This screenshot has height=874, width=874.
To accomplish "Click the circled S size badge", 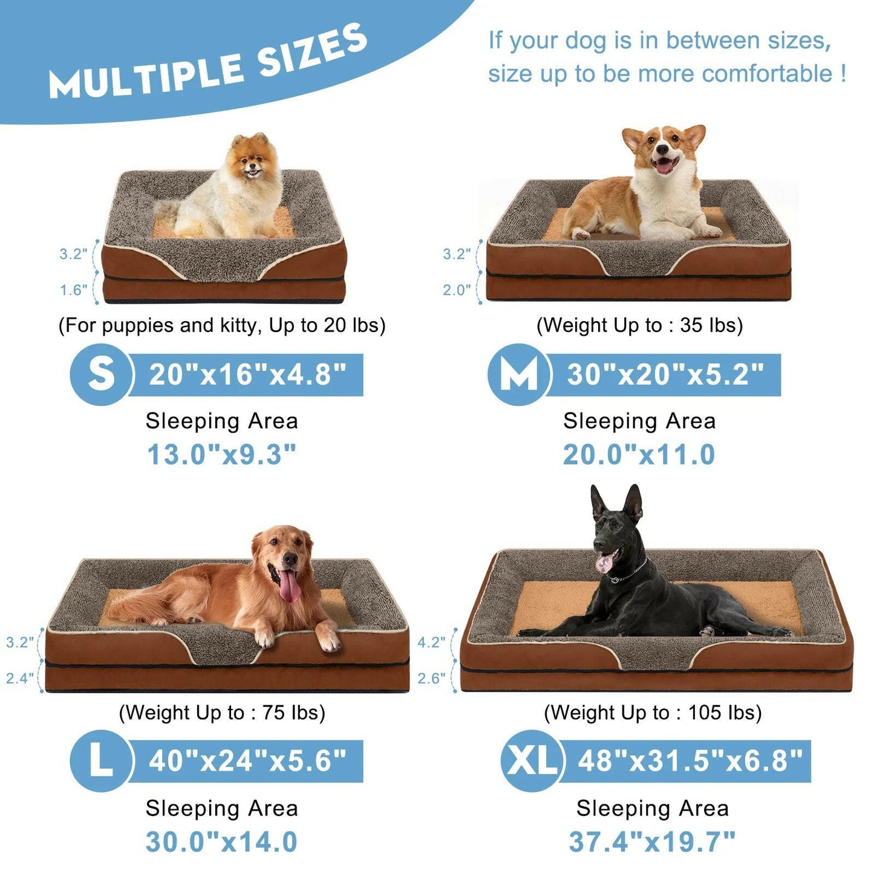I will (x=100, y=374).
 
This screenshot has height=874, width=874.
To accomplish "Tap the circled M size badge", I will (x=518, y=374).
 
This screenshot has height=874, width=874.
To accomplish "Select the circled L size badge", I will (x=100, y=761).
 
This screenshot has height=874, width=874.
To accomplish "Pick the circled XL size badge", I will (x=532, y=761).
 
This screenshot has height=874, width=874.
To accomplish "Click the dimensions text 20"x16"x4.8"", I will (x=247, y=375).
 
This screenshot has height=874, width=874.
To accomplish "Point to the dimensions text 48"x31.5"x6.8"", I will (x=690, y=761).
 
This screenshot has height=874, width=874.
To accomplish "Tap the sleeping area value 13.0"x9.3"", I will (x=222, y=455).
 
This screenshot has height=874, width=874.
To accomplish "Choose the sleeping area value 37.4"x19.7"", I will (x=652, y=841).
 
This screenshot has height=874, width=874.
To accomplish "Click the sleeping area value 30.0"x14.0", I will (x=221, y=841).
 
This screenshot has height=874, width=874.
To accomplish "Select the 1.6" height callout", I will (x=73, y=290).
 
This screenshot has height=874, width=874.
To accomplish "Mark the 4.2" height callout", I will (x=431, y=642).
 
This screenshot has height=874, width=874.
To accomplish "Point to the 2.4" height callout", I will (x=20, y=678).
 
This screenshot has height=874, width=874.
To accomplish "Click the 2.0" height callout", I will (x=456, y=290).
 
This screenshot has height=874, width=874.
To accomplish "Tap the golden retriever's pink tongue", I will (x=289, y=585).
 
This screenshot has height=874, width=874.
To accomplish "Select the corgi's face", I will (x=664, y=151).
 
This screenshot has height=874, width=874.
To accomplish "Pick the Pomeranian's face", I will (x=250, y=161).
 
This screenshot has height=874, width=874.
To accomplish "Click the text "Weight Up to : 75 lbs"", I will (x=222, y=713).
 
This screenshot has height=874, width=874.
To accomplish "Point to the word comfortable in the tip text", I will (x=767, y=74).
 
